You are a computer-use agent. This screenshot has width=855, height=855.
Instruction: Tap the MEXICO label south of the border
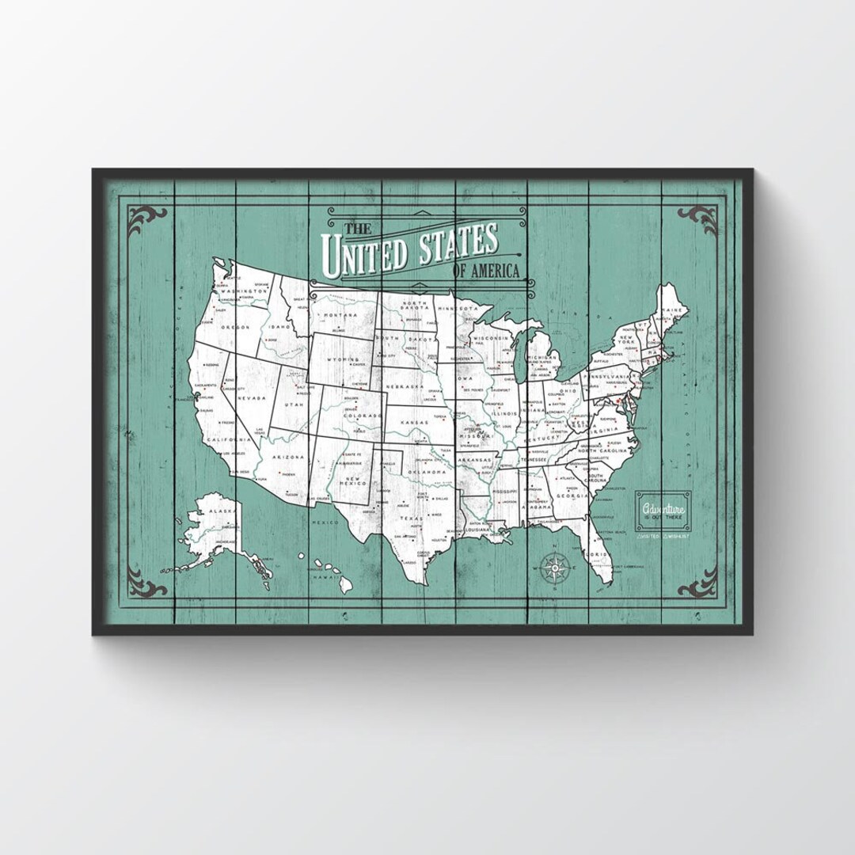point(325,523)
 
